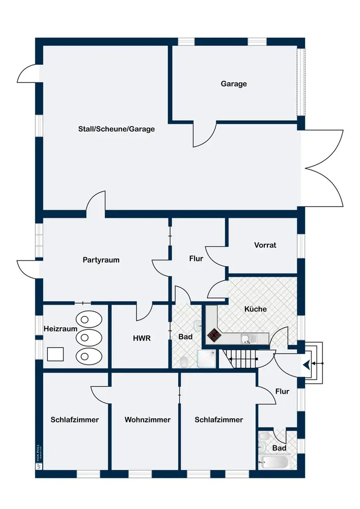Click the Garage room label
tap(234, 83)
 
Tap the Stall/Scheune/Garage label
tap(117, 129)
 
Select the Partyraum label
tap(101, 260)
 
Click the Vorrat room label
tap(265, 245)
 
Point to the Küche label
tap(255, 309)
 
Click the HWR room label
tap(142, 338)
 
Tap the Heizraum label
tap(61, 329)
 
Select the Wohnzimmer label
tap(148, 420)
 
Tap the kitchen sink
tap(246, 339)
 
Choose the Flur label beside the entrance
tap(282, 391)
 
